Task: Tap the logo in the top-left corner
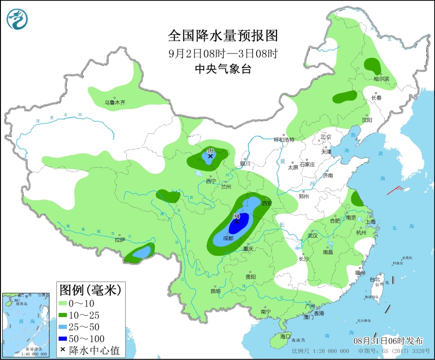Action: (x=18, y=18)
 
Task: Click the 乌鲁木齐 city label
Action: (x=114, y=103)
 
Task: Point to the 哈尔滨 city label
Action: (x=381, y=79)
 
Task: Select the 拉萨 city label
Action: (x=120, y=240)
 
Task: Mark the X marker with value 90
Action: (x=237, y=222)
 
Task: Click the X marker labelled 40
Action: (x=210, y=156)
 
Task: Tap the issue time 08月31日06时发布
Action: (x=388, y=341)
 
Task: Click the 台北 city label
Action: (x=375, y=279)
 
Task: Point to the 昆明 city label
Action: (x=215, y=291)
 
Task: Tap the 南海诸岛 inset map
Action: (x=25, y=325)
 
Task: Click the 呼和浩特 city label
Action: (x=284, y=139)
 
